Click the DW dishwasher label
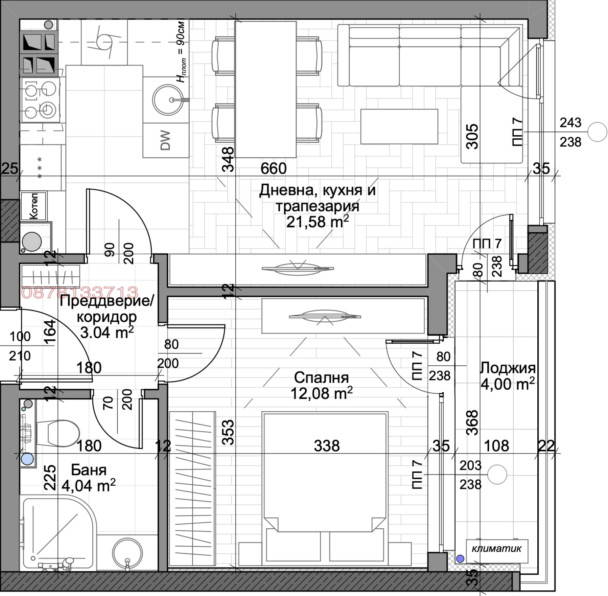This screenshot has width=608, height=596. (x=166, y=141)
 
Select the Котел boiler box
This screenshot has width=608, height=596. (x=34, y=206)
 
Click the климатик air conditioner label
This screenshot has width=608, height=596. (x=496, y=548)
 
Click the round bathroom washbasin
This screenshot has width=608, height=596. (x=127, y=554)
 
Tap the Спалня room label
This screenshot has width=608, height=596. (x=321, y=377)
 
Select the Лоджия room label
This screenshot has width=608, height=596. (x=508, y=368)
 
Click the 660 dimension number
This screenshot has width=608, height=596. (x=273, y=168)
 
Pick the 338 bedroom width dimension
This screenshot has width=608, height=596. (x=327, y=445)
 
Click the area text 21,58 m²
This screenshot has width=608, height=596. (x=318, y=222)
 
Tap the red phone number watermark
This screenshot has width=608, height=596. (x=80, y=292)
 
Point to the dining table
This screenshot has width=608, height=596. (x=265, y=89)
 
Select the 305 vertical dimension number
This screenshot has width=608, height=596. (x=472, y=136)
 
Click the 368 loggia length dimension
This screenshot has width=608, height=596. (x=472, y=423)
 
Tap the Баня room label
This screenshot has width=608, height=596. (x=89, y=470)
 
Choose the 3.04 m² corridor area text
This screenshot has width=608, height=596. (x=107, y=332)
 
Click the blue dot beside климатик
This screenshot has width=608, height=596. (x=460, y=558)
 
